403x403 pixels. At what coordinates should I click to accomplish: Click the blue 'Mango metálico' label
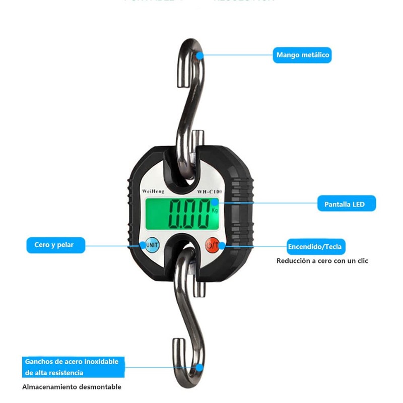click(x=302, y=54)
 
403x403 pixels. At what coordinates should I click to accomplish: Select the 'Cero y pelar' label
click(x=55, y=245)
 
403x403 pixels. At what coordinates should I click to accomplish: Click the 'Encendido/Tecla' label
click(x=315, y=246)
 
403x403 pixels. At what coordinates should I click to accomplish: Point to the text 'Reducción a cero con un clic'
click(x=322, y=261)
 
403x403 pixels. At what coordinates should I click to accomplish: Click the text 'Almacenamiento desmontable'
click(x=72, y=387)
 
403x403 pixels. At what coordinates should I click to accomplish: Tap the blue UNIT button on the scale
click(x=152, y=245)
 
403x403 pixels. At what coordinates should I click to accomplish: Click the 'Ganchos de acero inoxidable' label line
click(x=72, y=362)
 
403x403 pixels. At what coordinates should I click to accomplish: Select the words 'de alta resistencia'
click(x=54, y=373)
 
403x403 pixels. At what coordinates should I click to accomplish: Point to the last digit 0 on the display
click(x=204, y=214)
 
